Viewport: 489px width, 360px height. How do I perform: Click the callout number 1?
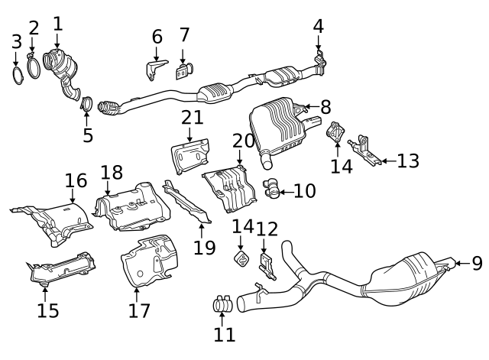pos(57,23)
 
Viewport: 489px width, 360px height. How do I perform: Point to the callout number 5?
pos(87,136)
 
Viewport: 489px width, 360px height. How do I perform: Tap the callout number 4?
pos(319,26)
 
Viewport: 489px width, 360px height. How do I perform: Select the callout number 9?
pos(477,264)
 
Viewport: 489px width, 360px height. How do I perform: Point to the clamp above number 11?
pos(222,305)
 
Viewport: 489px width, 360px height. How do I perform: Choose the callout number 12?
pos(267,229)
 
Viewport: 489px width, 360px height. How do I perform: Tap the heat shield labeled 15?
pos(61,271)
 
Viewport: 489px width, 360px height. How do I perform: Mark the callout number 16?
pos(76,180)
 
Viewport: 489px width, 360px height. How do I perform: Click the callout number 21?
pos(193,118)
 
